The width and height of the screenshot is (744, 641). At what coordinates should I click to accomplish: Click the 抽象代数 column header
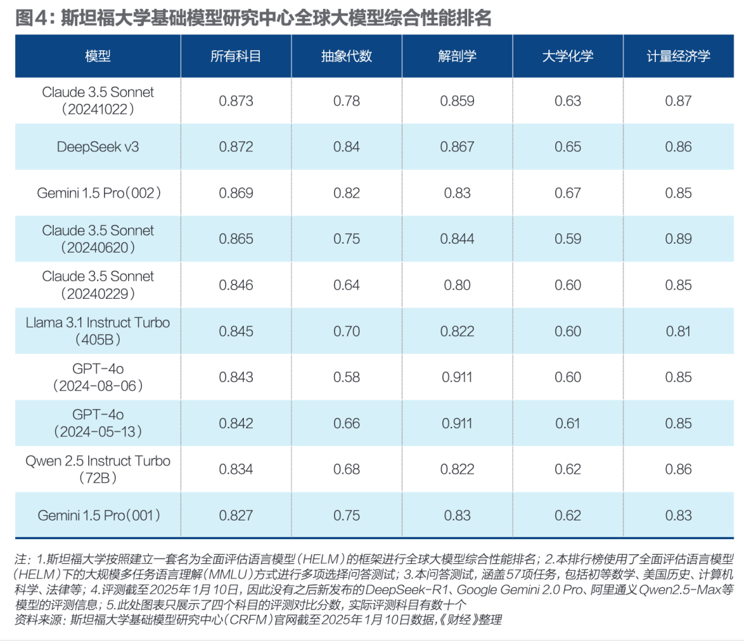347,56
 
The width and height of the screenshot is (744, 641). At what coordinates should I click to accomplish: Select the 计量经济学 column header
678,56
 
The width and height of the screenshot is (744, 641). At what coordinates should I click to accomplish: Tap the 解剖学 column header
457,56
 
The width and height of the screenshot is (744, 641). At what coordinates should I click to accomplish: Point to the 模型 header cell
98,56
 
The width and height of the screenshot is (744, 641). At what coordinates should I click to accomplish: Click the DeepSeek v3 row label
98,147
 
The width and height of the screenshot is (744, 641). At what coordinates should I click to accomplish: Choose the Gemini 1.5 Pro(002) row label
98,193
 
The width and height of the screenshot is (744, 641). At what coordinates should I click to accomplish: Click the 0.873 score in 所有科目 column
236,101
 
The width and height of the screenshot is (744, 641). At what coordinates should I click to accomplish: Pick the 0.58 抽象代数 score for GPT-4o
347,377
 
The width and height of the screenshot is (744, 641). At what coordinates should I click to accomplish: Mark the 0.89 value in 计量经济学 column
678,239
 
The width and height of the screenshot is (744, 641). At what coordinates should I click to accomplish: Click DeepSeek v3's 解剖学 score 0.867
457,147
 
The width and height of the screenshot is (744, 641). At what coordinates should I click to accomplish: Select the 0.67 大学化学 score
568,193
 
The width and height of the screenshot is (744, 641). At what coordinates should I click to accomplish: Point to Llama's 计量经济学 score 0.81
678,331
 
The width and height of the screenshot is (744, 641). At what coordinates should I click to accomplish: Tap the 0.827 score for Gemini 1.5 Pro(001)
236,515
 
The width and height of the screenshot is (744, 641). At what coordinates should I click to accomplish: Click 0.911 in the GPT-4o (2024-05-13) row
457,423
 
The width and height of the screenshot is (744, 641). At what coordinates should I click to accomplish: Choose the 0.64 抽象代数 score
347,285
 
